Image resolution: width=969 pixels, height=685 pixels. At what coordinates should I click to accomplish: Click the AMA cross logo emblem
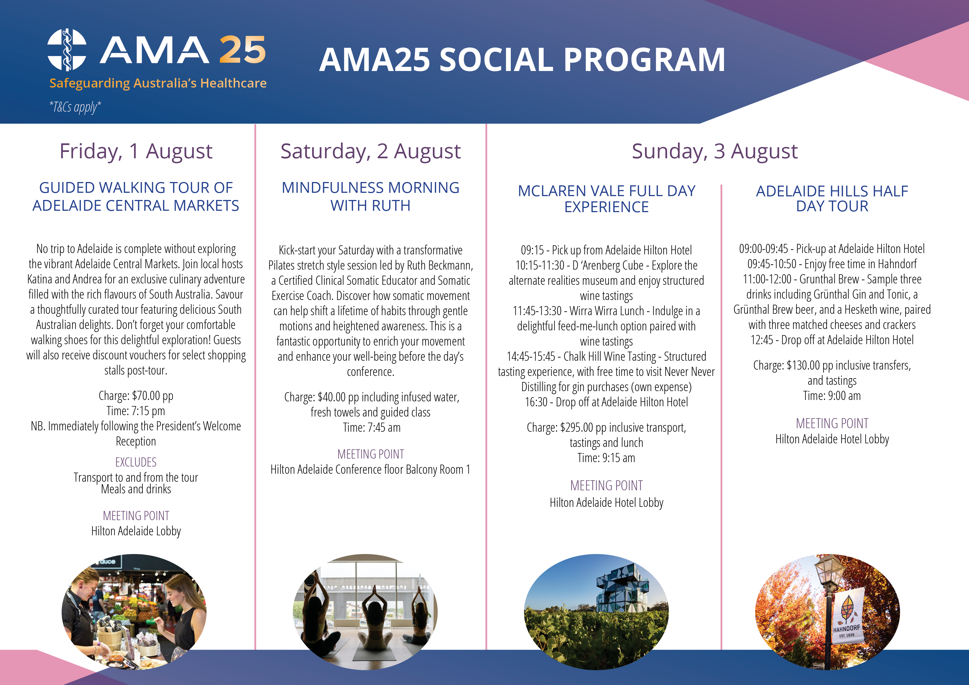click(67, 49)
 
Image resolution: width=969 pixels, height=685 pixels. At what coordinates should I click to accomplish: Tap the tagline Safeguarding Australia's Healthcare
click(158, 83)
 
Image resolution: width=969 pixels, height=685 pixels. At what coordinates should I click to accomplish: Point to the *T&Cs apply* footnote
click(75, 107)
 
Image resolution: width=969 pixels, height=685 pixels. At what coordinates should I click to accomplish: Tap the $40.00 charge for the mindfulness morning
click(332, 397)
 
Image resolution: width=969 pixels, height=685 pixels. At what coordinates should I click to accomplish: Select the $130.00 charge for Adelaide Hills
click(803, 365)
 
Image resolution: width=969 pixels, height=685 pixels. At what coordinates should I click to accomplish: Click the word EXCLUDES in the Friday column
click(136, 462)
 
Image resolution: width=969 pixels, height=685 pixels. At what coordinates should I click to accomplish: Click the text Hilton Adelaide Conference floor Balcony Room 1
click(370, 469)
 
